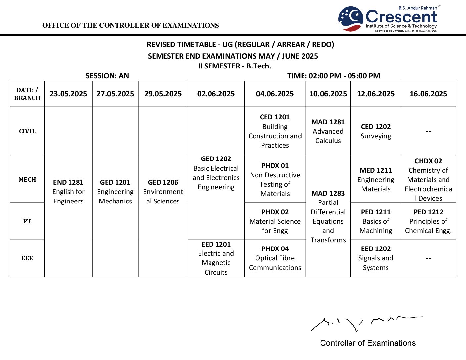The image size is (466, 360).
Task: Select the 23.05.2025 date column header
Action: (68, 94)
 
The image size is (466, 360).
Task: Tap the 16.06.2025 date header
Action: (428, 94)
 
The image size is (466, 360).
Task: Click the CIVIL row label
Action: (27, 131)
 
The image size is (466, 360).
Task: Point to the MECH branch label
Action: (27, 180)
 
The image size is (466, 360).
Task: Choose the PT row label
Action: (27, 221)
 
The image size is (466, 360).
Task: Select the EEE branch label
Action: (27, 258)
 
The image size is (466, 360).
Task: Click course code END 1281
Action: (68, 182)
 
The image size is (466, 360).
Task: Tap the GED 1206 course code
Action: (163, 182)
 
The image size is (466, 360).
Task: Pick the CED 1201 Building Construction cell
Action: (275, 131)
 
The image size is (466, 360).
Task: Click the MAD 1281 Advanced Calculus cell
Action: (328, 131)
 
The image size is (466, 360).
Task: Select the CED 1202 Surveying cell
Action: (376, 131)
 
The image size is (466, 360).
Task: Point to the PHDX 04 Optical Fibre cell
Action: (275, 258)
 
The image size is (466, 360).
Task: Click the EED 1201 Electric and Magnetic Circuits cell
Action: (216, 258)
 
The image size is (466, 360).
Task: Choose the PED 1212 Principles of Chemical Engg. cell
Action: (428, 221)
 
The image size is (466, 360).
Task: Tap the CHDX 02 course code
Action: (428, 161)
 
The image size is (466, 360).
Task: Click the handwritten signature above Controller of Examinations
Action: (364, 323)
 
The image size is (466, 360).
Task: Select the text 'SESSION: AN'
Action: (107, 76)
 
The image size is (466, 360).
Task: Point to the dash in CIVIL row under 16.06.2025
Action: (428, 132)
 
